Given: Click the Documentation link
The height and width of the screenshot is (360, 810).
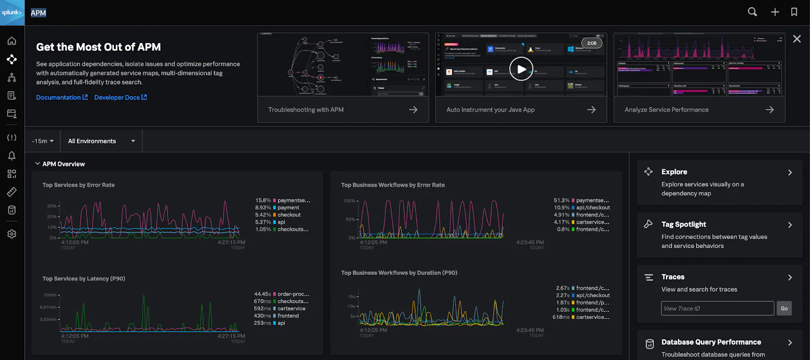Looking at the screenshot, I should (x=59, y=97).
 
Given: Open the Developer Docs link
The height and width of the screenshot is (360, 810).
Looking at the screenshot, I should (x=117, y=97).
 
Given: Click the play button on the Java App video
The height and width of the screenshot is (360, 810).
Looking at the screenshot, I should (x=521, y=69).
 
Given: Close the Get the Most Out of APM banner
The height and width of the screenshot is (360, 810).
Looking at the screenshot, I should (x=797, y=39).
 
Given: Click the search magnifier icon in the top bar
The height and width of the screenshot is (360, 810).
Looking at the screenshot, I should (x=752, y=12).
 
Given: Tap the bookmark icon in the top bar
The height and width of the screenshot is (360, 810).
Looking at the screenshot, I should (x=794, y=12).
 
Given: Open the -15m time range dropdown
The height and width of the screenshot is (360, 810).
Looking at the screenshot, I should (x=43, y=141).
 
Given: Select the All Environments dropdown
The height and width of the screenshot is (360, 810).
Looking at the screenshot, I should (x=101, y=141).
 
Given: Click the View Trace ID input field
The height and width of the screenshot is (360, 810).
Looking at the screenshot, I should (x=717, y=308).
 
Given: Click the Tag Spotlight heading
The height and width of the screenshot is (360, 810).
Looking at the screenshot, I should (x=683, y=224).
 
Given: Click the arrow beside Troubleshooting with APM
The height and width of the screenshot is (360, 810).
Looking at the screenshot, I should (x=413, y=110).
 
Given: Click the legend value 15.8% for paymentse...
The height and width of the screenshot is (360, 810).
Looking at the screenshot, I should (x=263, y=201).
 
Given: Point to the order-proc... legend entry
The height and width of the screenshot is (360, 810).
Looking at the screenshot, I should (x=293, y=294).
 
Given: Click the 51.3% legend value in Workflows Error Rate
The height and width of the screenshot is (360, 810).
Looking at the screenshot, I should (x=561, y=201).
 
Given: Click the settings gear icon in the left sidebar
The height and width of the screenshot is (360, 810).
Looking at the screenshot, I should (x=12, y=234).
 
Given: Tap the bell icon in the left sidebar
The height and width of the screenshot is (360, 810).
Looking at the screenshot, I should (x=12, y=155).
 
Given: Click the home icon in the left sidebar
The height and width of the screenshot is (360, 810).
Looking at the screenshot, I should (x=12, y=41).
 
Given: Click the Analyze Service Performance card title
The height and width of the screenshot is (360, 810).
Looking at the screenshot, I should (x=666, y=110).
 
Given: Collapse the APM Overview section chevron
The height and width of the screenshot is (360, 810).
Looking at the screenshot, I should (x=37, y=164).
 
